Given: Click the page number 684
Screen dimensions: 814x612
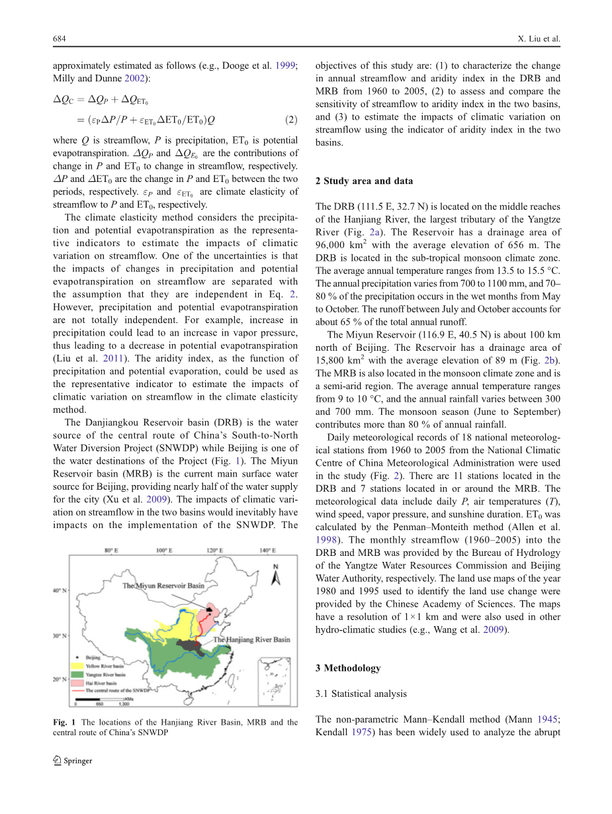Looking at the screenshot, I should [60, 39].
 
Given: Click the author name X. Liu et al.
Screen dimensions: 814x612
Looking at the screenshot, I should [539, 39].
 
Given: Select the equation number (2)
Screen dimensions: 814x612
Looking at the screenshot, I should [291, 120].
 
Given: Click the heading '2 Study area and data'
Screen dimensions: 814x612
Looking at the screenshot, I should [364, 181].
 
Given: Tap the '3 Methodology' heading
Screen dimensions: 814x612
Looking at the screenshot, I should [348, 668].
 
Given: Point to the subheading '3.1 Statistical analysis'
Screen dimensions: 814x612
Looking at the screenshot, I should [361, 694].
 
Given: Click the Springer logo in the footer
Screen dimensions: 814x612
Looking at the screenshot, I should [73, 760].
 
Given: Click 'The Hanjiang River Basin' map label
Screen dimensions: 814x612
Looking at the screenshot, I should [252, 640].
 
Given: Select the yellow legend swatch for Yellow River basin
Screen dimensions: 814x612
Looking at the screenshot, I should [78, 666].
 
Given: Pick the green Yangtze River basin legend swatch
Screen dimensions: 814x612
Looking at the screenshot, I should [78, 674].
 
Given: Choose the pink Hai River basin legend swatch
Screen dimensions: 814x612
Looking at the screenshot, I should [78, 682].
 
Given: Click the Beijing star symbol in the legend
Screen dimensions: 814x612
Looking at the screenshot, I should [78, 658].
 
